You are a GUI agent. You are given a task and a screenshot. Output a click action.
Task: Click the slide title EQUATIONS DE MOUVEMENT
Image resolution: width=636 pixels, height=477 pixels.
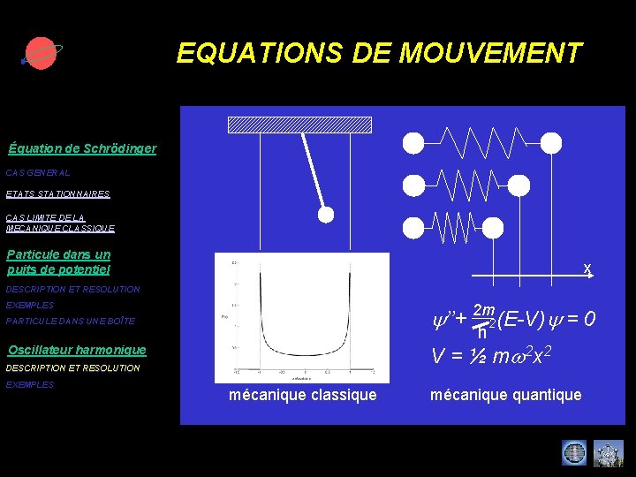click(x=379, y=53)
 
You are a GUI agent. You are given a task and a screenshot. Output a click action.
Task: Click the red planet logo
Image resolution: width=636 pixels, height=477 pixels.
click(x=40, y=54)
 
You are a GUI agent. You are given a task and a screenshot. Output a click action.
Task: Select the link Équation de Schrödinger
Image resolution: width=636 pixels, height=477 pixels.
click(x=82, y=148)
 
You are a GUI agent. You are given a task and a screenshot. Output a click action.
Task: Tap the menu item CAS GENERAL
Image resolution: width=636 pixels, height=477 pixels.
click(x=38, y=173)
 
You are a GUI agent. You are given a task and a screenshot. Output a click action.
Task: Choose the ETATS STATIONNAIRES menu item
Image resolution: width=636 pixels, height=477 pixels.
click(x=57, y=193)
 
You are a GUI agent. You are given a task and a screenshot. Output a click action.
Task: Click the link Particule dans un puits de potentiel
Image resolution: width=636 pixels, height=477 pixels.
click(x=59, y=261)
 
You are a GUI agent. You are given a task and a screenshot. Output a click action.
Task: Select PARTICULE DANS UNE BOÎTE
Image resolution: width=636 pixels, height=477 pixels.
click(x=71, y=321)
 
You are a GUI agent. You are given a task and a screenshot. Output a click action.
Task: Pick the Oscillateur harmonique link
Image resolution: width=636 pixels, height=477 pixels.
click(x=77, y=350)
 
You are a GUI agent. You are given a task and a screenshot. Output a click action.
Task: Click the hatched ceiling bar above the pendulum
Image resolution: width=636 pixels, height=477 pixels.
click(x=287, y=125)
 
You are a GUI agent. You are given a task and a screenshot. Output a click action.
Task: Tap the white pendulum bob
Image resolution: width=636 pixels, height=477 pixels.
click(x=326, y=215)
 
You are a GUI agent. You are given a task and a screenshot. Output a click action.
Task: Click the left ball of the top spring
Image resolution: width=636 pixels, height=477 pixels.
click(x=413, y=142)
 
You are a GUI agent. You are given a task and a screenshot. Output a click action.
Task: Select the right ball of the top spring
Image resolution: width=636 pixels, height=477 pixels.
click(x=550, y=142)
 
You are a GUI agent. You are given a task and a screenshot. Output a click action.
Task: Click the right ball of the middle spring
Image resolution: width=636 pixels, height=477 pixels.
click(x=519, y=185)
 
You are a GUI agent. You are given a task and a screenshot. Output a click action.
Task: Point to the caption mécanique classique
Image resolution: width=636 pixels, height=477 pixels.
click(x=302, y=395)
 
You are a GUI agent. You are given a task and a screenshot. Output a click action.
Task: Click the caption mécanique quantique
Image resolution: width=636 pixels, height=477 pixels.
click(x=505, y=395)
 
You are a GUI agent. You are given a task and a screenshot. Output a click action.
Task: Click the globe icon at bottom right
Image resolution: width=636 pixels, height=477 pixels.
click(x=574, y=453)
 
